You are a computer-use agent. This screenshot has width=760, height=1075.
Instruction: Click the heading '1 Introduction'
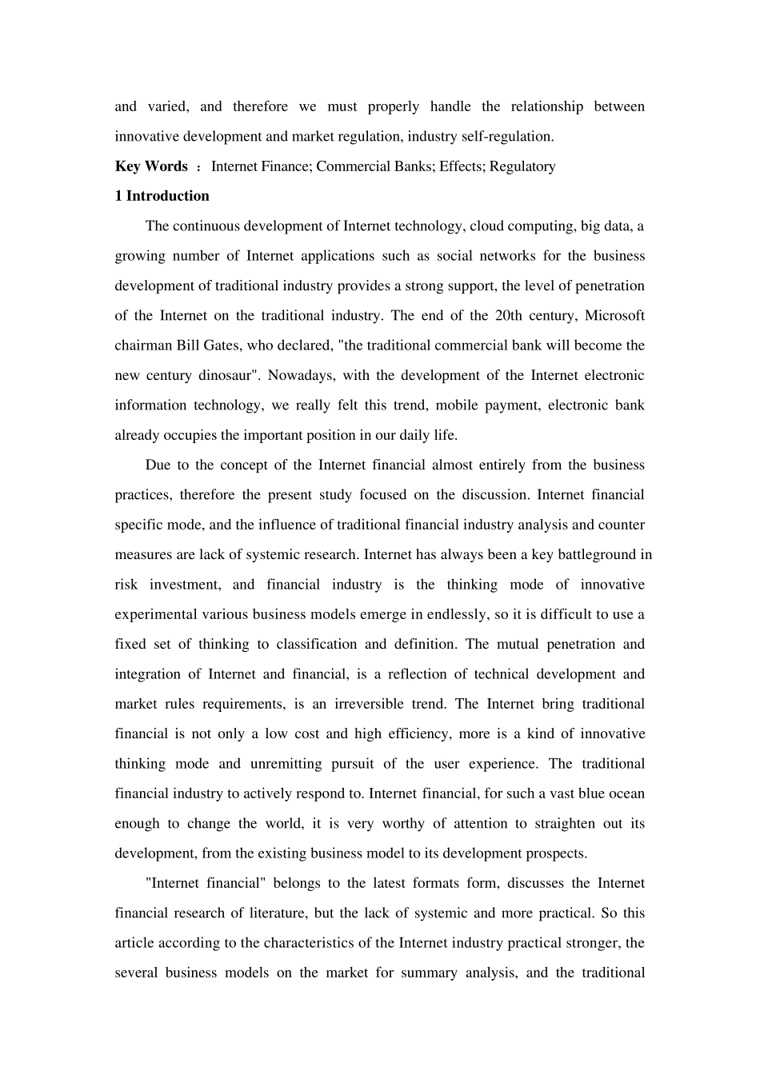(x=162, y=196)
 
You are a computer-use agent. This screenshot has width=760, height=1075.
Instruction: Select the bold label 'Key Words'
(x=151, y=166)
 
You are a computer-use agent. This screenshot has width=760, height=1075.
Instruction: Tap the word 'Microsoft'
(x=614, y=315)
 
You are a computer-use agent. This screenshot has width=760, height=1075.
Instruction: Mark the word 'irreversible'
(x=390, y=704)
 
